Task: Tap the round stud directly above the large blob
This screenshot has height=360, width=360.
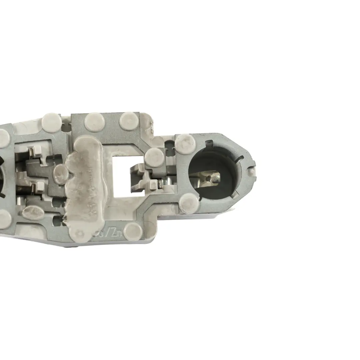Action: (94, 123)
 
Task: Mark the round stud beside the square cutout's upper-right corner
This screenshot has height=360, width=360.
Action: (155, 156)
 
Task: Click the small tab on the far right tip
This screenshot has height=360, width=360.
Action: (252, 171)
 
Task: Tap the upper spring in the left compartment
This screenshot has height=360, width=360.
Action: (31, 154)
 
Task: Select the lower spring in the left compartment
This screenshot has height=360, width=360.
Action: (33, 189)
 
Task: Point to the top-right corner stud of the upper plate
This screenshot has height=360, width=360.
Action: (129, 121)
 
